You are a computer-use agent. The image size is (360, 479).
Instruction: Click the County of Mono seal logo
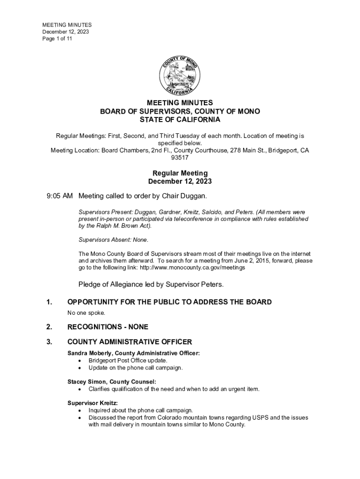[180, 75]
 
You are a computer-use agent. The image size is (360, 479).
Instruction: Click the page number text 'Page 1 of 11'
[58, 39]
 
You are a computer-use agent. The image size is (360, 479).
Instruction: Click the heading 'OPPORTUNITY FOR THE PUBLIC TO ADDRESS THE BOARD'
[169, 302]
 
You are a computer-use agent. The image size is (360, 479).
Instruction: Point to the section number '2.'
[50, 327]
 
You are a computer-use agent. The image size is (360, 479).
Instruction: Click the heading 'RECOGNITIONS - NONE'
[108, 327]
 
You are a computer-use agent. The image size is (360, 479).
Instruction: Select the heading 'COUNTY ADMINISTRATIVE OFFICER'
[130, 342]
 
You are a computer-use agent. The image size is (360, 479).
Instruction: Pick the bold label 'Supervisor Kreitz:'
[93, 403]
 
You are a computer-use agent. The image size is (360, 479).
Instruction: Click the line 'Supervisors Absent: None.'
[114, 240]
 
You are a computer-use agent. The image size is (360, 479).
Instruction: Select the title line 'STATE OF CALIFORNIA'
[180, 120]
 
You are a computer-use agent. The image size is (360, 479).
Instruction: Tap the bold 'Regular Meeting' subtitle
[180, 173]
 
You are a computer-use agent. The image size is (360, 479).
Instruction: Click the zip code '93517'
[180, 158]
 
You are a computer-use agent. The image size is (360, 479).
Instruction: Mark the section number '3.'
[50, 342]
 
